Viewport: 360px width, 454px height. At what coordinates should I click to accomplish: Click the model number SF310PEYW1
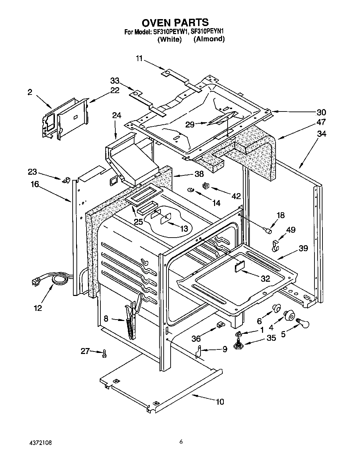(x=170, y=32)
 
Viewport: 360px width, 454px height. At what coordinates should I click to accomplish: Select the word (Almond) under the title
(x=209, y=39)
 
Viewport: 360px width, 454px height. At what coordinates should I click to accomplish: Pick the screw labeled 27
(x=104, y=354)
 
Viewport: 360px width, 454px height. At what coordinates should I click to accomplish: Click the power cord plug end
(x=36, y=282)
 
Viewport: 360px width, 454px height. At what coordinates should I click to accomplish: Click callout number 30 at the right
(x=321, y=112)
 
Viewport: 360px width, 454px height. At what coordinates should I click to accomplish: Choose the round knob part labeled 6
(x=276, y=308)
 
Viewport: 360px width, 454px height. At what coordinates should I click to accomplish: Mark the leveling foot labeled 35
(x=239, y=345)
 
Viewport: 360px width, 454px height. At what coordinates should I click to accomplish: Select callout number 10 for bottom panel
(x=220, y=402)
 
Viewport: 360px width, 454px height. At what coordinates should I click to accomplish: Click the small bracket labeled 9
(x=198, y=352)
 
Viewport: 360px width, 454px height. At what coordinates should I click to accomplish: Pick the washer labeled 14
(x=191, y=189)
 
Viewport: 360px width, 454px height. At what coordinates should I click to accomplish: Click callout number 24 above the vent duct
(x=117, y=115)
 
